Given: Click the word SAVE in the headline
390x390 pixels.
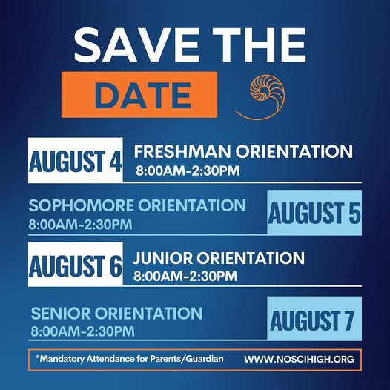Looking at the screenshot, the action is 137,44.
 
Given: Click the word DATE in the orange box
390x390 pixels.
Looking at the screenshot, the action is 143,96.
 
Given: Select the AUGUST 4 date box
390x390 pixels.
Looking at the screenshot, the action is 76,160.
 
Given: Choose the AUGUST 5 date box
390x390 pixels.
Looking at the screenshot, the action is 314,212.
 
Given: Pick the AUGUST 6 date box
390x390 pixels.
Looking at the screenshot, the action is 76,265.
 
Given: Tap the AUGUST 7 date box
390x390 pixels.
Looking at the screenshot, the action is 314,319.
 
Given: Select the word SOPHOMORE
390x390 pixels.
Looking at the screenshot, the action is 81,205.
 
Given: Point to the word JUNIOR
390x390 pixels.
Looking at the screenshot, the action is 162,258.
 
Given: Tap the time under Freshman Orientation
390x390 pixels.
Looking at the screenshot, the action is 188,171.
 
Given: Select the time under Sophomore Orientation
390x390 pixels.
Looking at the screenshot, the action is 80,225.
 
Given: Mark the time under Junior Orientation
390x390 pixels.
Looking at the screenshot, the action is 185,277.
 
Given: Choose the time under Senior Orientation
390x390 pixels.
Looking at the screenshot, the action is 82,331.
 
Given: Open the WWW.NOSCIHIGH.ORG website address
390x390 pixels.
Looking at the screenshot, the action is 300,359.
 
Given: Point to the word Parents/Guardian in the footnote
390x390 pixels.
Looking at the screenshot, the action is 186,359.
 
